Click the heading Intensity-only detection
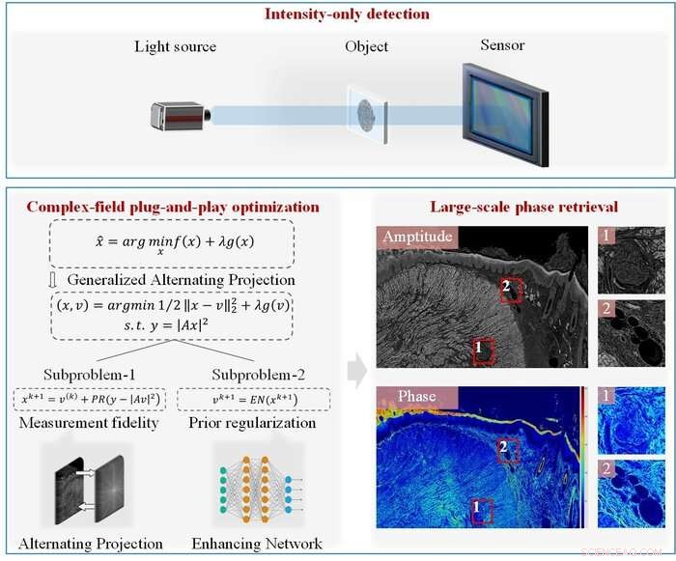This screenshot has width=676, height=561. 337,14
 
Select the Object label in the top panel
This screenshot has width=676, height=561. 367,47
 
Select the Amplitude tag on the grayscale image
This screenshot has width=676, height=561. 421,238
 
